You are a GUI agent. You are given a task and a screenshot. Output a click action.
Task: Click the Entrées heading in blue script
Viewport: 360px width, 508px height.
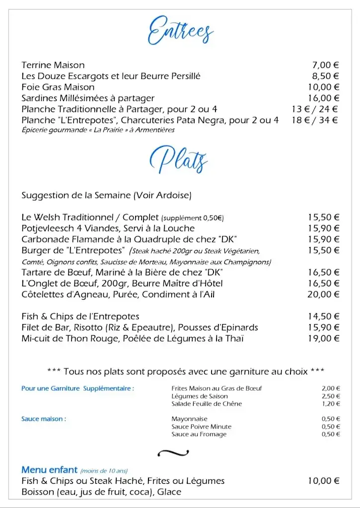180,30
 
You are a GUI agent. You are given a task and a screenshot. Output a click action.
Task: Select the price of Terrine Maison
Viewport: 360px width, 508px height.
325,65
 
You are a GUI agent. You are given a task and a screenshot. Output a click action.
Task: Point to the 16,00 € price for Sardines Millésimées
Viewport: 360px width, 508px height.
323,98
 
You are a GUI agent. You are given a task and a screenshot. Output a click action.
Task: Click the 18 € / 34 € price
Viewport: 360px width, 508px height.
315,120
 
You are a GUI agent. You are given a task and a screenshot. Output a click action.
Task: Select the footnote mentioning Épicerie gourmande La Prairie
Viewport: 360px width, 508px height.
98,130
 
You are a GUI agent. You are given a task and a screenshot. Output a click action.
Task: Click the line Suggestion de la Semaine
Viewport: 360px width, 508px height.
106,195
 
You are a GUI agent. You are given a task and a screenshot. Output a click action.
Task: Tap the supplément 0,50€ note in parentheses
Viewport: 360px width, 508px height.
193,218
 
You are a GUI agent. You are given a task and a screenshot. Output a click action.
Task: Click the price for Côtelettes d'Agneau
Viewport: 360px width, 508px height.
323,294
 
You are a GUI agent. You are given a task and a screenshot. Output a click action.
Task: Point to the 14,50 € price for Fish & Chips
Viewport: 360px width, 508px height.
323,316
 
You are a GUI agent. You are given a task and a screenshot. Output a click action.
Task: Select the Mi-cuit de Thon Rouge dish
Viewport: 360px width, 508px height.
133,338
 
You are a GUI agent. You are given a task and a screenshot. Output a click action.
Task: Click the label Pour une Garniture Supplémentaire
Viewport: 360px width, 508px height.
77,388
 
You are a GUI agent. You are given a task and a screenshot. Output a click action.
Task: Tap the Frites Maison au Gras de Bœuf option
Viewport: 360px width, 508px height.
216,388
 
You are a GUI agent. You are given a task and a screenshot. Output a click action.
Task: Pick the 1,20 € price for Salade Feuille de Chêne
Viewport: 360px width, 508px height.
331,404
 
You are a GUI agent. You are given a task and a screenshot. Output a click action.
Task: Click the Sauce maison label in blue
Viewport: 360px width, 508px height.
44,419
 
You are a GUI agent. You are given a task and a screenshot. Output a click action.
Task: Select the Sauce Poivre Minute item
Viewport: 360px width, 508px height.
202,427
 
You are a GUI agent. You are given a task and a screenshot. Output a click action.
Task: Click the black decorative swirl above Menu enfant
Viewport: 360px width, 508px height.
173,452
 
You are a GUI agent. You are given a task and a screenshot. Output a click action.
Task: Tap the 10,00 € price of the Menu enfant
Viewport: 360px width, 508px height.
323,481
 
